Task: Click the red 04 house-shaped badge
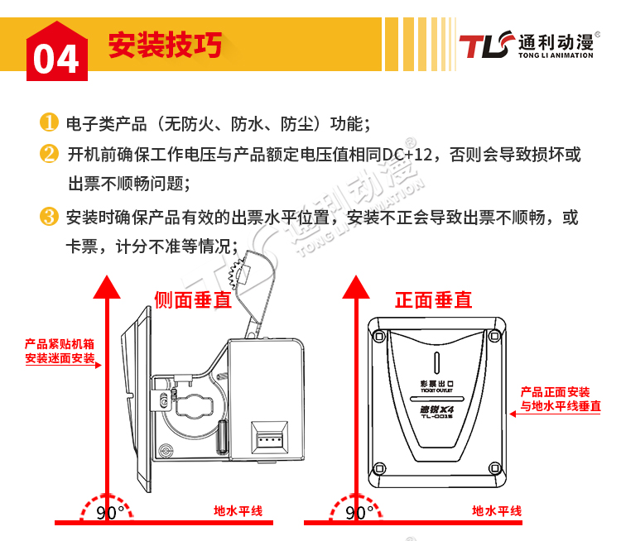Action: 57,51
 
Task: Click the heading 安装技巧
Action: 165,45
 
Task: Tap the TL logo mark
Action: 486,45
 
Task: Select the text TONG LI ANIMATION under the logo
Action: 556,55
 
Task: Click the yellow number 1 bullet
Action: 49,122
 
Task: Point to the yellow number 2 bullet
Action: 49,154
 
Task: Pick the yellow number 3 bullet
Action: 49,217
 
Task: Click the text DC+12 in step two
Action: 407,155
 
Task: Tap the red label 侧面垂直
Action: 192,300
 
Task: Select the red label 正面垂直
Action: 434,300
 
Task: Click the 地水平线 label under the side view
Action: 238,511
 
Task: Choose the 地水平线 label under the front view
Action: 497,511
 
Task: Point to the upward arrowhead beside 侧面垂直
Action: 107,287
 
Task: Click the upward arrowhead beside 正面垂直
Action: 356,287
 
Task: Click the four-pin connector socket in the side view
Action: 269,438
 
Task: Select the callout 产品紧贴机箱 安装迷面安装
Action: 60,351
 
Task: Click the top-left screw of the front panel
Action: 379,337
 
